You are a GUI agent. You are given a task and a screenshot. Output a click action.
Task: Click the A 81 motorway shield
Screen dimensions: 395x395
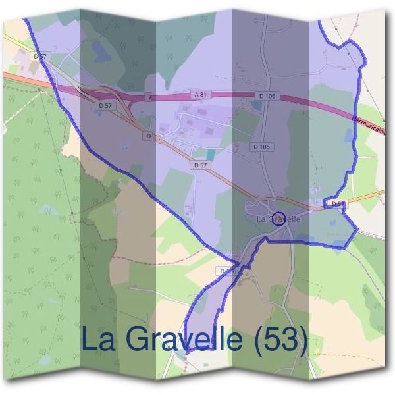(201, 95)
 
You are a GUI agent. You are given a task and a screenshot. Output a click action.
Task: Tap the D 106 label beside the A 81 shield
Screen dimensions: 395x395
(267, 97)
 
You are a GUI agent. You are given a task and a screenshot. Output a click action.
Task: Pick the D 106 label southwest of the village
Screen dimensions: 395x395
(227, 271)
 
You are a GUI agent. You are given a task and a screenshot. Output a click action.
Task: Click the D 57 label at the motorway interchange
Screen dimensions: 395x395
(105, 105)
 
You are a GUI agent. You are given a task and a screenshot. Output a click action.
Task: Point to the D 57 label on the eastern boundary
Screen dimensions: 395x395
(338, 204)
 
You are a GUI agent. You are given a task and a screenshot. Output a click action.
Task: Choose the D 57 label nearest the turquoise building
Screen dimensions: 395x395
(201, 165)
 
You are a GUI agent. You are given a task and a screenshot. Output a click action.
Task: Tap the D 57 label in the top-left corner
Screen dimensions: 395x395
(40, 57)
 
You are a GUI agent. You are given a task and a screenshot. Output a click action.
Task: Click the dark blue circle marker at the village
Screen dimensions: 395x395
(278, 219)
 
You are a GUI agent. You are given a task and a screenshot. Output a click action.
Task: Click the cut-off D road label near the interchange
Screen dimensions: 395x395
(149, 136)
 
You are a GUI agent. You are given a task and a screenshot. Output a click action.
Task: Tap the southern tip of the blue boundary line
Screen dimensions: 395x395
(185, 353)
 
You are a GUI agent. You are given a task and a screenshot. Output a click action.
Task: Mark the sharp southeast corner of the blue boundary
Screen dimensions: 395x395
(357, 230)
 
